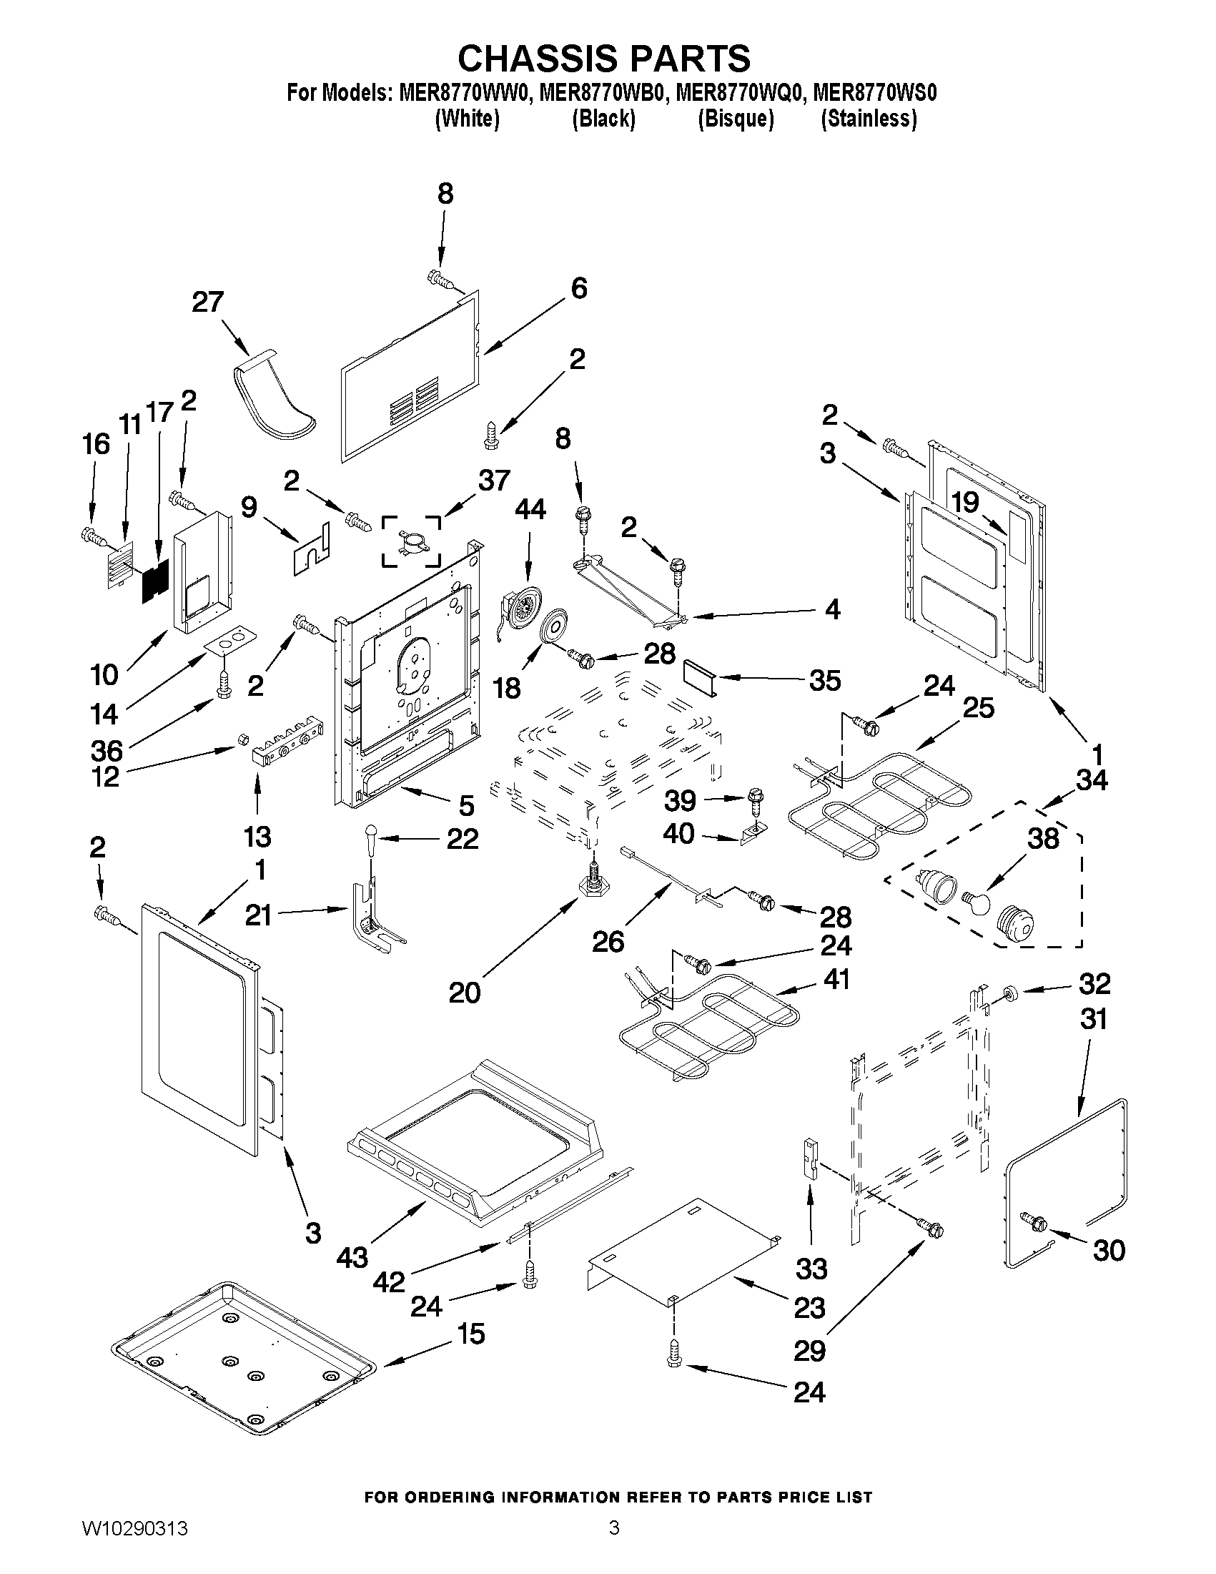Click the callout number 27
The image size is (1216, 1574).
tap(207, 302)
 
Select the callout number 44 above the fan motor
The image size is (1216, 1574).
tap(530, 510)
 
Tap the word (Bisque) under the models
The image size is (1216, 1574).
tap(736, 118)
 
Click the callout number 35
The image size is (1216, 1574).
tap(824, 679)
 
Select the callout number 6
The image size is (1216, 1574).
tap(578, 288)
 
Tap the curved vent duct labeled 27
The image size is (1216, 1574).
tap(275, 400)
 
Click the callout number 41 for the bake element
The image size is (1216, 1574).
tap(836, 980)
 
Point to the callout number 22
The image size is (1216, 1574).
tap(462, 838)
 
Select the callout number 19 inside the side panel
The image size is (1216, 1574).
tap(965, 502)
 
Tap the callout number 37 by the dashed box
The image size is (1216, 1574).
tap(494, 481)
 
